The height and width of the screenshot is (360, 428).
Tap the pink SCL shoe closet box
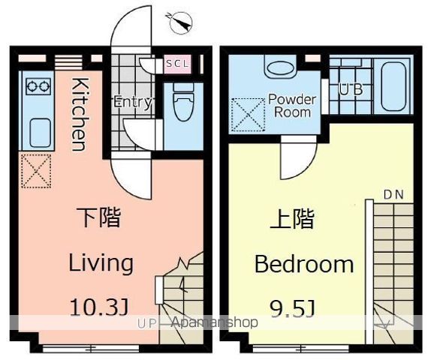pyautogui.click(x=178, y=64)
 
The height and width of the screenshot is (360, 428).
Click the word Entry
pyautogui.click(x=132, y=102)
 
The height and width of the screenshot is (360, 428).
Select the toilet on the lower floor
pyautogui.click(x=183, y=102)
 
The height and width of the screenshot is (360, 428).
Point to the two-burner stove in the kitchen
pyautogui.click(x=38, y=86)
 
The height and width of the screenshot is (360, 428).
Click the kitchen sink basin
pyautogui.click(x=40, y=133)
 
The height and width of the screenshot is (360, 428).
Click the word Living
pyautogui.click(x=101, y=262)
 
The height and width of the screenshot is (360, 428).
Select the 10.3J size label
pyautogui.click(x=99, y=307)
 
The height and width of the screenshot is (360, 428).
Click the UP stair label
pyautogui.click(x=146, y=324)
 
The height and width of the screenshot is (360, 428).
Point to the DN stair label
pyautogui.click(x=393, y=195)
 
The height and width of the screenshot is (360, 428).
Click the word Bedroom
pyautogui.click(x=304, y=264)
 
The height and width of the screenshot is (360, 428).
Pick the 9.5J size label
pyautogui.click(x=293, y=308)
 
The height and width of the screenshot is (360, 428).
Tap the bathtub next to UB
pyautogui.click(x=392, y=86)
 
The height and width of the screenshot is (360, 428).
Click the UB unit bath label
pyautogui.click(x=351, y=89)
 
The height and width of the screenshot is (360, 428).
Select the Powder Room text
pyautogui.click(x=292, y=106)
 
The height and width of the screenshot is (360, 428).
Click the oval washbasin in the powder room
pyautogui.click(x=280, y=68)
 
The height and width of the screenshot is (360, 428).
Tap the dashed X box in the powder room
pyautogui.click(x=248, y=115)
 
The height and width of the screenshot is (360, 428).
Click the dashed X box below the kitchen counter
pyautogui.click(x=36, y=171)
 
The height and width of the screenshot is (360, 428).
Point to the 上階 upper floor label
pyautogui.click(x=292, y=218)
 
